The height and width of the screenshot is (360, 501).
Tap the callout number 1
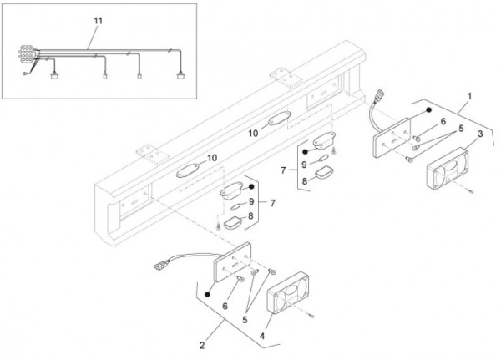469,97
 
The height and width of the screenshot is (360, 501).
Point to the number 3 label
480,134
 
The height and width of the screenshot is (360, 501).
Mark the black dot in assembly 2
206,295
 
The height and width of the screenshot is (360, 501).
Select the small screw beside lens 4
310,315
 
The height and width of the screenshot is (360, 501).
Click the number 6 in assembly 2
225,307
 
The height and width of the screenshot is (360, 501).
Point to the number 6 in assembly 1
443,121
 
